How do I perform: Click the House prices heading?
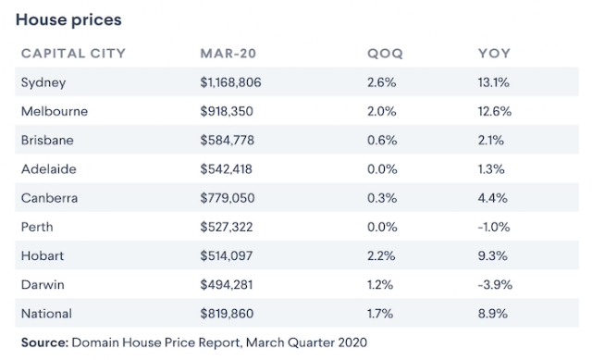pyautogui.click(x=68, y=20)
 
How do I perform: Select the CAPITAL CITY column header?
pyautogui.click(x=73, y=54)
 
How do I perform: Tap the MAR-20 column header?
pyautogui.click(x=228, y=54)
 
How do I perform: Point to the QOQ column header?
pyautogui.click(x=385, y=54)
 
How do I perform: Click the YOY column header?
pyautogui.click(x=494, y=54)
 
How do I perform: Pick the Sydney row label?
pyautogui.click(x=43, y=82)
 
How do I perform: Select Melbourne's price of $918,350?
pyautogui.click(x=227, y=111)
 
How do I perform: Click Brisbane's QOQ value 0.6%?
pyautogui.click(x=382, y=140)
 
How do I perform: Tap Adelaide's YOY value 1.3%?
pyautogui.click(x=491, y=168)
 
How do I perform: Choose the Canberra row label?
pyautogui.click(x=49, y=198)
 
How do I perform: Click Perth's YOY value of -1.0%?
pyautogui.click(x=494, y=227)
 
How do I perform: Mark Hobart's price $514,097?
pyautogui.click(x=226, y=255)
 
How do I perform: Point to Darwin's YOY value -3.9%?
pyautogui.click(x=495, y=284)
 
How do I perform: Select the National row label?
pyautogui.click(x=46, y=314)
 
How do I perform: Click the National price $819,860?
pyautogui.click(x=227, y=314)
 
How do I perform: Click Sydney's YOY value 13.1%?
pyautogui.click(x=493, y=82)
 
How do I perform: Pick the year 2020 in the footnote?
pyautogui.click(x=352, y=342)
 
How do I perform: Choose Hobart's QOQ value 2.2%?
pyautogui.click(x=381, y=255)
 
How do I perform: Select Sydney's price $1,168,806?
pyautogui.click(x=230, y=82)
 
